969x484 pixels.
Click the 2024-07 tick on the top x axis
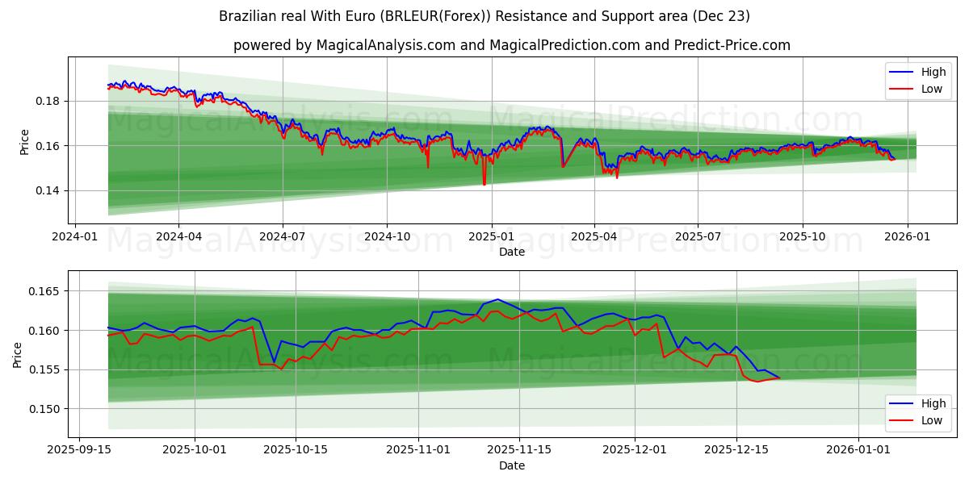pyautogui.click(x=283, y=236)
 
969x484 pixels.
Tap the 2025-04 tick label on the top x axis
pyautogui.click(x=594, y=236)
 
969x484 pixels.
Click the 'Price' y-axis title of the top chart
pyautogui.click(x=24, y=141)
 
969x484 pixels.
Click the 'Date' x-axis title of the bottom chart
pyautogui.click(x=512, y=465)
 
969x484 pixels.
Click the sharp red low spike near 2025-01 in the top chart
pyautogui.click(x=484, y=184)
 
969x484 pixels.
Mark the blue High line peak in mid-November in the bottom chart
pyautogui.click(x=497, y=299)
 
